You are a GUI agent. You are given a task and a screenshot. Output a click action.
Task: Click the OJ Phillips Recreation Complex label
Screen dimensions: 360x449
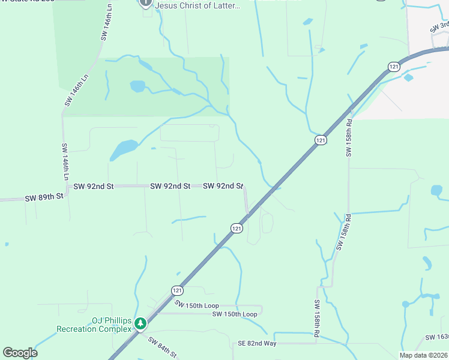(x=94, y=325)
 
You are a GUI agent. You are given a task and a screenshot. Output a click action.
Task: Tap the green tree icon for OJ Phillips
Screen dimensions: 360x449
(x=140, y=324)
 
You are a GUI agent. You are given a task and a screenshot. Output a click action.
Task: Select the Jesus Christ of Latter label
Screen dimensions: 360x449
(x=197, y=5)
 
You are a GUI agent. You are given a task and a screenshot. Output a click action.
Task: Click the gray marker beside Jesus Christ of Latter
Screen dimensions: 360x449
(x=145, y=3)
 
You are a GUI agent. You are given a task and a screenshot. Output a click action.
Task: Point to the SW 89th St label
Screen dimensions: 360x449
(x=44, y=197)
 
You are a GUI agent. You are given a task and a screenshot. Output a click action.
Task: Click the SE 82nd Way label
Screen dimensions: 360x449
(x=257, y=343)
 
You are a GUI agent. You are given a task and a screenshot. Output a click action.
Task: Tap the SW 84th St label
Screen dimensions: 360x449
(x=162, y=347)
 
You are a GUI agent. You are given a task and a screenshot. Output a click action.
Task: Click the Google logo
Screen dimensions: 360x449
(x=20, y=353)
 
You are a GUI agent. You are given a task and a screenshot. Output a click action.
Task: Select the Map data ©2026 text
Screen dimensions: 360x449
(x=424, y=355)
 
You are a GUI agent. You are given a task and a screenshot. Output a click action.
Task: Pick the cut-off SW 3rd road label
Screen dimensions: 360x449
(x=440, y=27)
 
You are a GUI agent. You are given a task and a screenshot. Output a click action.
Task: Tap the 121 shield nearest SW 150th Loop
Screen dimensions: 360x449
(x=177, y=290)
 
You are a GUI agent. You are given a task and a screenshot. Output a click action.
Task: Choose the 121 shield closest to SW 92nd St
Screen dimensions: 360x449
(x=237, y=228)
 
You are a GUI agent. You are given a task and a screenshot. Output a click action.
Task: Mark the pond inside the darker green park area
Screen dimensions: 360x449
(x=137, y=86)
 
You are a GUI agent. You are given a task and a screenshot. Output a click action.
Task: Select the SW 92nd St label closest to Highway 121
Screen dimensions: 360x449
(x=223, y=186)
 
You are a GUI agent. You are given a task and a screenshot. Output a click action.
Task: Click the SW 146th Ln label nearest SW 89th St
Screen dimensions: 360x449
(x=65, y=162)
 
